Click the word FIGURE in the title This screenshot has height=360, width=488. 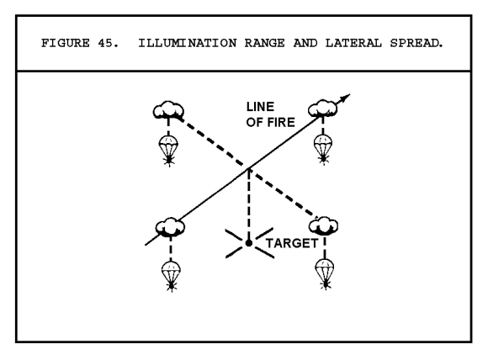(x=66, y=43)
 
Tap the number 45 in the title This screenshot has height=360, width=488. (x=108, y=43)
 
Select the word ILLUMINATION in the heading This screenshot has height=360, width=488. (x=188, y=43)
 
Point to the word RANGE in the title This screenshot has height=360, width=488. (x=264, y=43)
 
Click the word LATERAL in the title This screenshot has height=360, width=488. (x=353, y=43)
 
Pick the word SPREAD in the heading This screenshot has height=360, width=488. (x=416, y=43)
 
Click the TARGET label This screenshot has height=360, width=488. (x=292, y=243)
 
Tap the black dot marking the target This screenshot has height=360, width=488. (x=249, y=243)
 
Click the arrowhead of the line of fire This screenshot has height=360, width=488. (x=344, y=98)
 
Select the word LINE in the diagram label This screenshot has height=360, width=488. (x=260, y=107)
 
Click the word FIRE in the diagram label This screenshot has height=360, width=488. (x=281, y=122)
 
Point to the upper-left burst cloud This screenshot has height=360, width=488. (x=168, y=110)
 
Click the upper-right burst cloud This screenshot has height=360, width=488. (x=323, y=109)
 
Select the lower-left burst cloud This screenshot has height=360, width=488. (x=170, y=227)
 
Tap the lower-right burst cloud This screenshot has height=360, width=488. (x=324, y=225)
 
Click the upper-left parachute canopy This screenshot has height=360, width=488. (x=168, y=143)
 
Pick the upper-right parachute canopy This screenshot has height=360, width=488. (x=323, y=141)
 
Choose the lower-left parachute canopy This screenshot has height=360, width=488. (x=171, y=268)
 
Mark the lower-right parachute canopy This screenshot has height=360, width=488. (x=325, y=267)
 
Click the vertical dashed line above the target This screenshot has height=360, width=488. (x=249, y=204)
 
